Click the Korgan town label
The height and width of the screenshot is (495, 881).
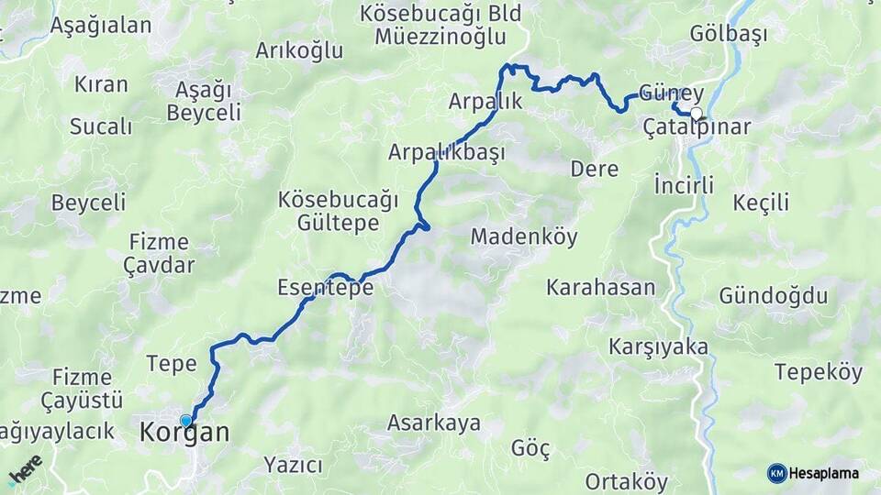(184, 433)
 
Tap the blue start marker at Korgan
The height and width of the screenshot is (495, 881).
(186, 421)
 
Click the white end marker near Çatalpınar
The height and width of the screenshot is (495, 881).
(697, 114)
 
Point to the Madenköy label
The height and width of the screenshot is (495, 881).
(524, 236)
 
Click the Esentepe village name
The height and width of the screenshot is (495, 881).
(325, 288)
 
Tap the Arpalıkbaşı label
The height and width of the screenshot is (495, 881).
(446, 152)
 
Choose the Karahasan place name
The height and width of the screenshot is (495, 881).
(600, 288)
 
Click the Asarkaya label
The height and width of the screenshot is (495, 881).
(433, 423)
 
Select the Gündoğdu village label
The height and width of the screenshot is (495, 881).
(773, 296)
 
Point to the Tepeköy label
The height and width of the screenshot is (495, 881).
(819, 372)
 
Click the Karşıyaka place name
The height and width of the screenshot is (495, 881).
(658, 346)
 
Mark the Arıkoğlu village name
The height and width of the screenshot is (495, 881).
(299, 49)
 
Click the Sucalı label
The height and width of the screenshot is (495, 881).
(101, 126)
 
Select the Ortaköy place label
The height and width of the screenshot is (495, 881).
(626, 482)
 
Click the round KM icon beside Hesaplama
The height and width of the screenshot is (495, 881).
(776, 473)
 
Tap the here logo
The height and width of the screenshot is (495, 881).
(25, 469)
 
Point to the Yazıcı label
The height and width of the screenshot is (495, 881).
(293, 465)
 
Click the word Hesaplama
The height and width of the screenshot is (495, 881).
(823, 473)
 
